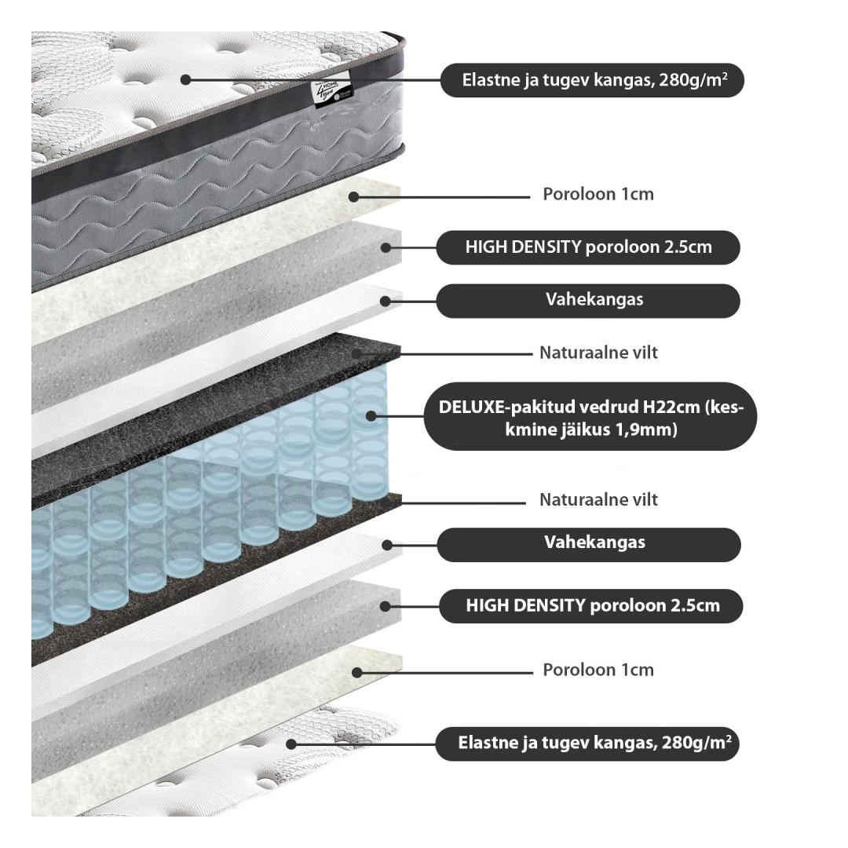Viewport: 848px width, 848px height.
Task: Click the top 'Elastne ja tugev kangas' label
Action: pyautogui.click(x=591, y=80)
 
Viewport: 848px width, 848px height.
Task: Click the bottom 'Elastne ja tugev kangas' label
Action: pyautogui.click(x=587, y=743)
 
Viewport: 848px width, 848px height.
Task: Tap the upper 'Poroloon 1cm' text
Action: pyautogui.click(x=598, y=194)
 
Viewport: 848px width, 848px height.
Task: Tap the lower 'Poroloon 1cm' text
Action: pyautogui.click(x=598, y=671)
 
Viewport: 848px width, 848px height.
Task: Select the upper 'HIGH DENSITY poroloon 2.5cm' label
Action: pyautogui.click(x=588, y=247)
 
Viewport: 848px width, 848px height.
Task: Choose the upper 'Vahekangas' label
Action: pyautogui.click(x=588, y=300)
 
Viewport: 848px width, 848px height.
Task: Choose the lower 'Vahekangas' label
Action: pyautogui.click(x=589, y=543)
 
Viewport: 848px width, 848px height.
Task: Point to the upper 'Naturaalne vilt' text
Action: pyautogui.click(x=598, y=353)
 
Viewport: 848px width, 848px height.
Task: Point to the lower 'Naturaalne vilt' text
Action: pyautogui.click(x=598, y=499)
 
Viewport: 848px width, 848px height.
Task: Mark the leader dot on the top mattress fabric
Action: pyautogui.click(x=185, y=79)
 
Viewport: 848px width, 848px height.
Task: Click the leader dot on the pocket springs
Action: pyautogui.click(x=370, y=416)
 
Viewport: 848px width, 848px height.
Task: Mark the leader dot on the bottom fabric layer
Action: pyautogui.click(x=291, y=743)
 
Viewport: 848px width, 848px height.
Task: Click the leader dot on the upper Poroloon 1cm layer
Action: pyautogui.click(x=354, y=196)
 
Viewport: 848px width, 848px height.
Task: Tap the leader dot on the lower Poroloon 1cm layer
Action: pyautogui.click(x=357, y=672)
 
